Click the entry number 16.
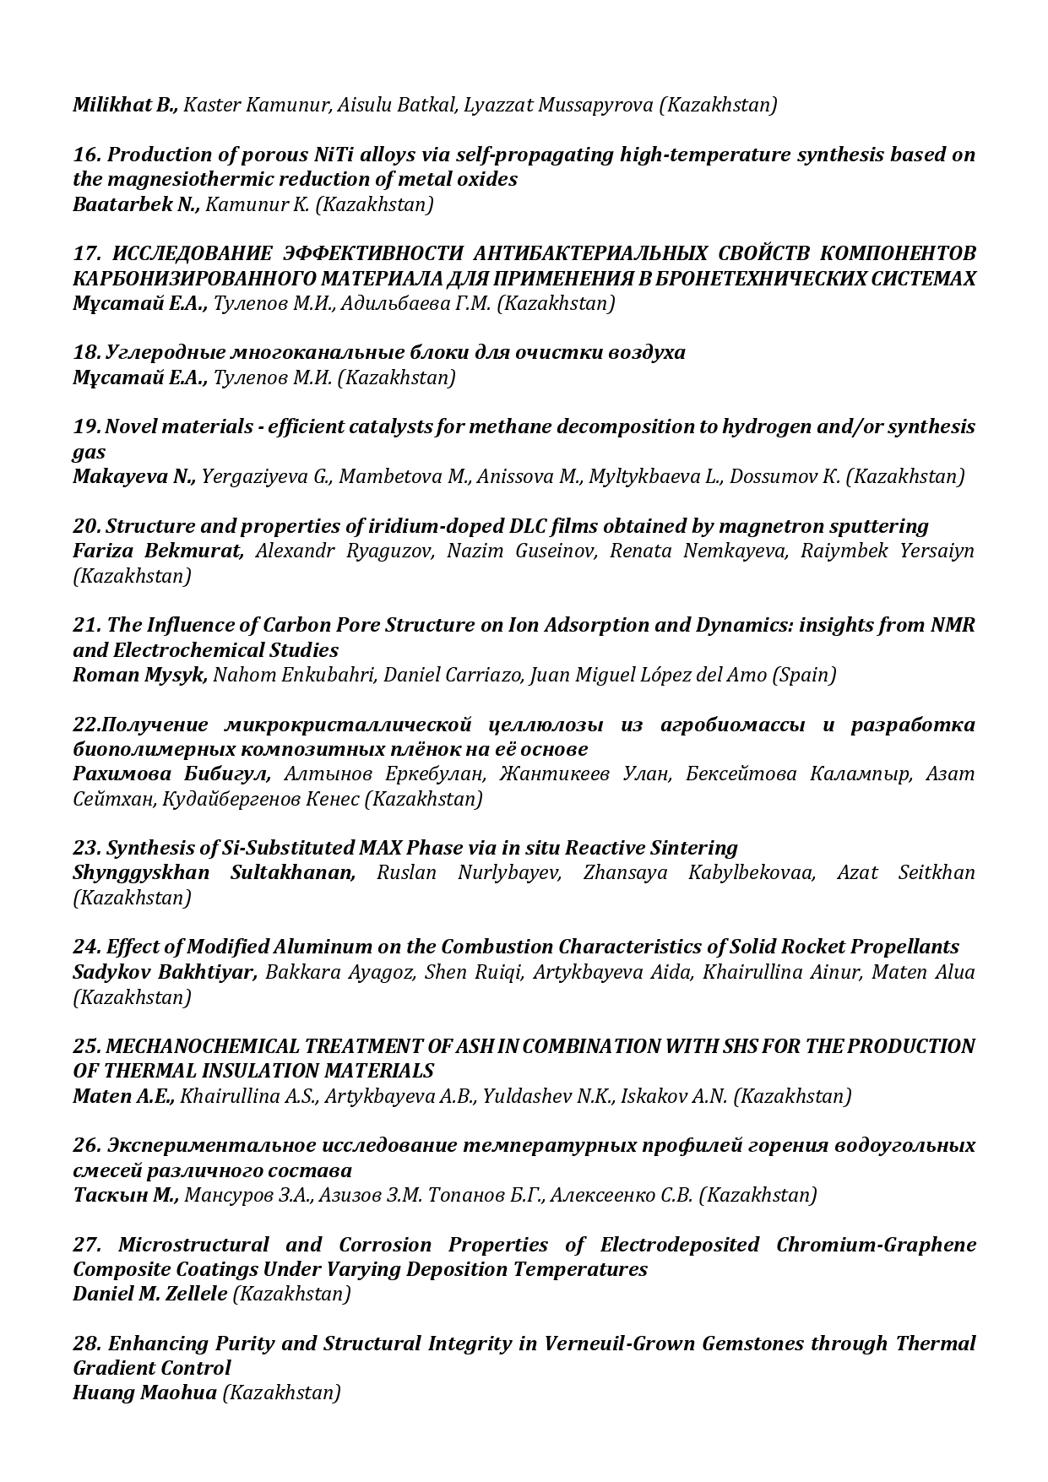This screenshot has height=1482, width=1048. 86,155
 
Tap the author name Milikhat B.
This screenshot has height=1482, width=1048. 125,105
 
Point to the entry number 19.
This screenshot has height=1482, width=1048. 86,426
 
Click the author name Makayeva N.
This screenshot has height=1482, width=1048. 133,476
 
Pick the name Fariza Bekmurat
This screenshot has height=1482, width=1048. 158,551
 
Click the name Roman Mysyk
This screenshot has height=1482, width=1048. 139,675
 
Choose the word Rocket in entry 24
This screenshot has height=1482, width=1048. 816,947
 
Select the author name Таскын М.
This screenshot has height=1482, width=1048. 126,1195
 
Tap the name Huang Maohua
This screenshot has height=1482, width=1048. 144,1392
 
